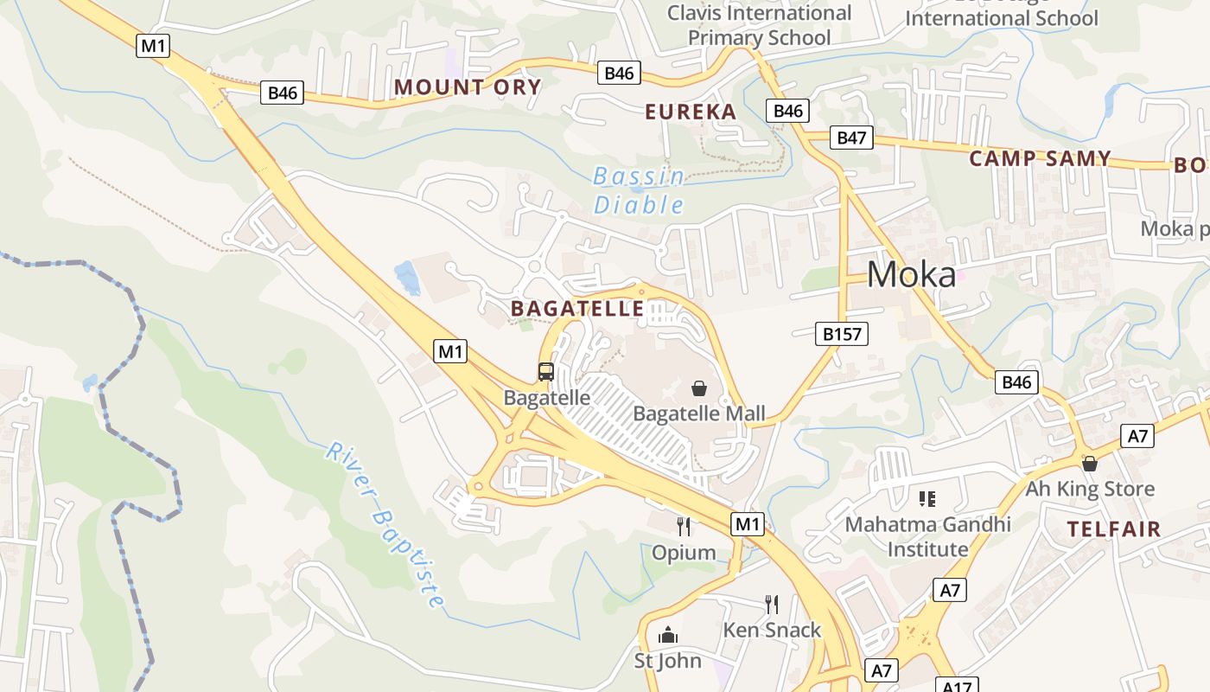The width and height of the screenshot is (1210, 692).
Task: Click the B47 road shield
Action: pos(852,138)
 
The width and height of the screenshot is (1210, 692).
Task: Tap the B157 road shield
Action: pos(842,334)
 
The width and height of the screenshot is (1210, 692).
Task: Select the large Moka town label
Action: pos(912,275)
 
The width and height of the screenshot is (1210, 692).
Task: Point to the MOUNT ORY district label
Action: pos(468,86)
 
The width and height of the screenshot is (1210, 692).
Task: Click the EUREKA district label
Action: pos(691,112)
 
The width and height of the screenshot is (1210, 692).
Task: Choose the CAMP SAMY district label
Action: pos(1040,158)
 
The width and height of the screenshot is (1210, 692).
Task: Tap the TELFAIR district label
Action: pos(1113,529)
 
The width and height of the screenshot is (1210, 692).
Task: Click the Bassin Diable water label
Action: pos(640,191)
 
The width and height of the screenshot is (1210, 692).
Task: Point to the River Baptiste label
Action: pos(386,524)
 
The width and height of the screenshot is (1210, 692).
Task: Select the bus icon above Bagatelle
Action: pos(546,372)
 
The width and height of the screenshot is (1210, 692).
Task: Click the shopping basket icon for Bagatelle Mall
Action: pos(699,388)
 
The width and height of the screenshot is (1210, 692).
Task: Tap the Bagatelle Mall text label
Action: pos(699,413)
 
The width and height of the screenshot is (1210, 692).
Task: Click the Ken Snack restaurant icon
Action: pos(772,604)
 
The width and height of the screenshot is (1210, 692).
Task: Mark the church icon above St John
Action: pos(668,636)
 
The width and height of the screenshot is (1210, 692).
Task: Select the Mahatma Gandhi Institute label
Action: pos(928,536)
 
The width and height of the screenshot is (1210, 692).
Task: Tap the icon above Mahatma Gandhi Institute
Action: pos(927,498)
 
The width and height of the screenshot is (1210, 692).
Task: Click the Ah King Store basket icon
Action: pos(1090,464)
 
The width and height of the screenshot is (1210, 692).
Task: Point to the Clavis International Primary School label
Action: pos(760,25)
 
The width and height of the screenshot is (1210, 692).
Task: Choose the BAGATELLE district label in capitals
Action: pos(577,309)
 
